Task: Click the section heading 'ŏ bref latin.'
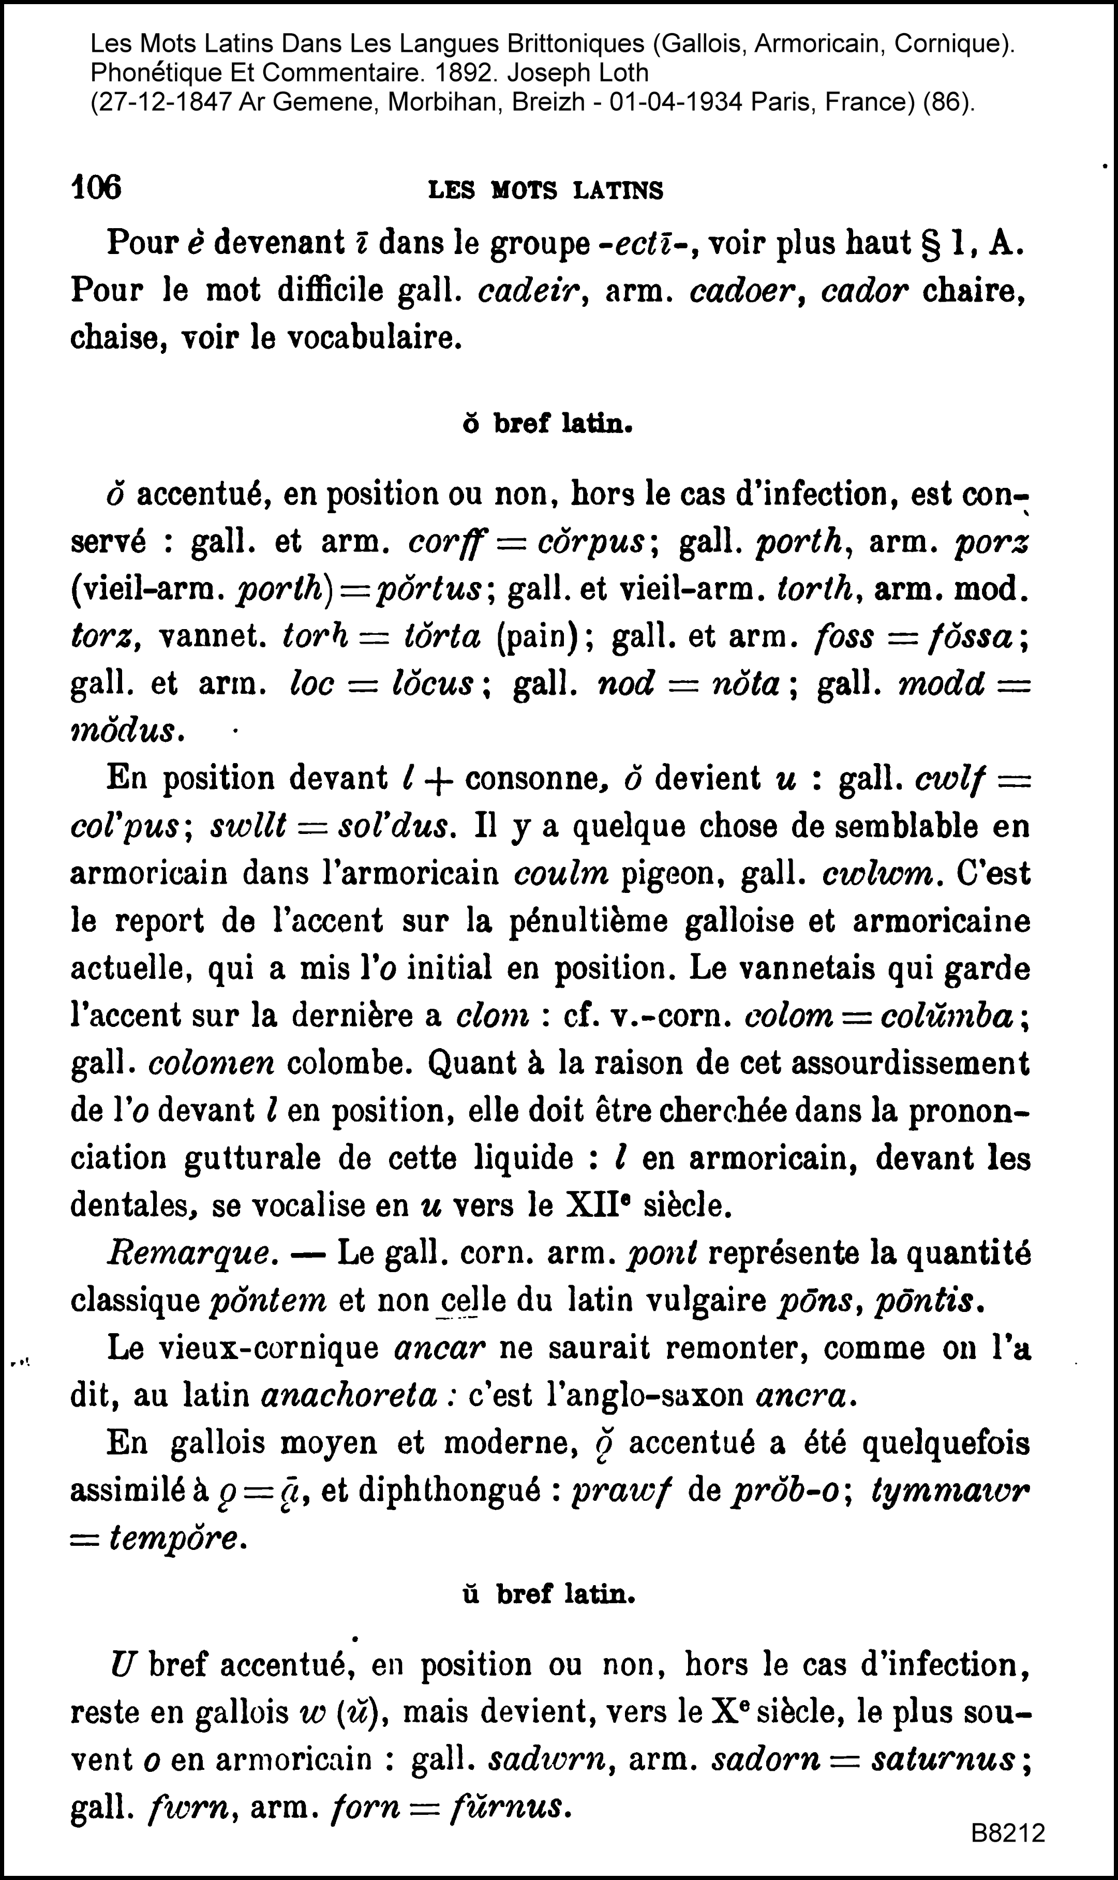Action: (x=547, y=425)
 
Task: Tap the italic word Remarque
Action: (x=188, y=1254)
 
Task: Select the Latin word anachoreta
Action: (x=349, y=1396)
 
